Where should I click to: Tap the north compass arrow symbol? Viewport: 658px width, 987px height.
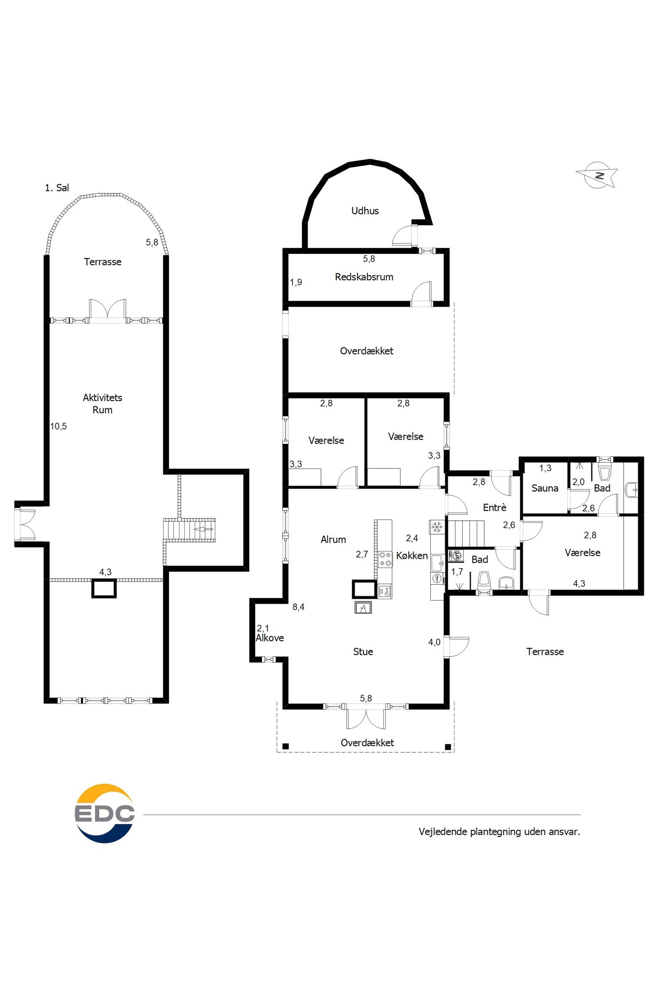(597, 175)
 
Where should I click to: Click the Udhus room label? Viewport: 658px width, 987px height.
(365, 211)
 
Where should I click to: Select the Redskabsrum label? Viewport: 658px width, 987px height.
(364, 277)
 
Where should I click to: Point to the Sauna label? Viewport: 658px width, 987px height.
(545, 488)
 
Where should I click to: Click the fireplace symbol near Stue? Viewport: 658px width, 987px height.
(363, 608)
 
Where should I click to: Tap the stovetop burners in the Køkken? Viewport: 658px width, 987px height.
(385, 559)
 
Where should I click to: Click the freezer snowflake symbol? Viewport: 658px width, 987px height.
(437, 527)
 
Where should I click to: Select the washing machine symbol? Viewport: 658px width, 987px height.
(456, 555)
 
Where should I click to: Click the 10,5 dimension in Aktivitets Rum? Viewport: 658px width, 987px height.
(58, 426)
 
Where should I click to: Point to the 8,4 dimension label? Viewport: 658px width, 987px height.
(298, 607)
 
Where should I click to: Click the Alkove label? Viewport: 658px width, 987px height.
(270, 638)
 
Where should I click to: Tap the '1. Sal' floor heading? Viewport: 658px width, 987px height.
(57, 188)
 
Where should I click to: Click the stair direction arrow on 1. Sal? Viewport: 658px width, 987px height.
(204, 529)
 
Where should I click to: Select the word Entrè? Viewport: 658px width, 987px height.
(494, 508)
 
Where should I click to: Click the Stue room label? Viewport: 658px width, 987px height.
(363, 651)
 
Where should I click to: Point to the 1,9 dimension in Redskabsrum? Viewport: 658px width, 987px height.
(296, 282)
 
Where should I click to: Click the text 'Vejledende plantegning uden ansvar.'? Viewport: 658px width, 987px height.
(499, 832)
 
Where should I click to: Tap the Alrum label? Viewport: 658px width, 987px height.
(333, 540)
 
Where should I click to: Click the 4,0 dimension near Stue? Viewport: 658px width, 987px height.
(434, 642)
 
